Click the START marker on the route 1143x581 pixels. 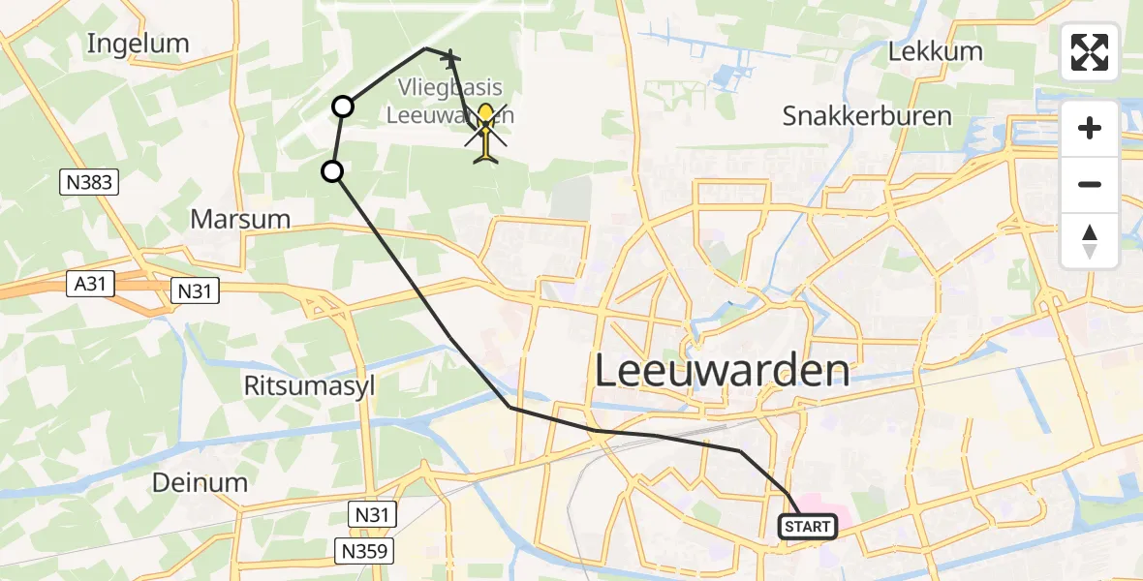[x=806, y=527]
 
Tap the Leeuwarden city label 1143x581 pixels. [x=722, y=371]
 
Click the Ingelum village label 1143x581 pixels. [x=138, y=44]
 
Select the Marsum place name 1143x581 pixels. [x=240, y=219]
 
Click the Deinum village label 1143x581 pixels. [x=201, y=482]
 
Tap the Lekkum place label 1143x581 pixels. [x=936, y=51]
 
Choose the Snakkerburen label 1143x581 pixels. [x=867, y=117]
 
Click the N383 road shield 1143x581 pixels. [x=88, y=182]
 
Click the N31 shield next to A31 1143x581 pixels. [x=197, y=289]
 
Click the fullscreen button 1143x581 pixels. [x=1090, y=52]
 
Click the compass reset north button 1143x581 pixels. [x=1090, y=241]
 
